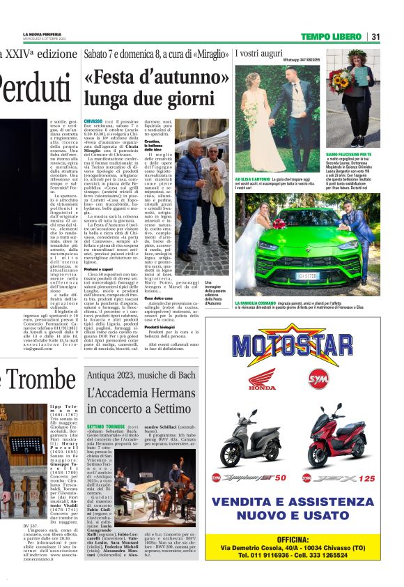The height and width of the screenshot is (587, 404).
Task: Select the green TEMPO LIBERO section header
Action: [332, 36]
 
